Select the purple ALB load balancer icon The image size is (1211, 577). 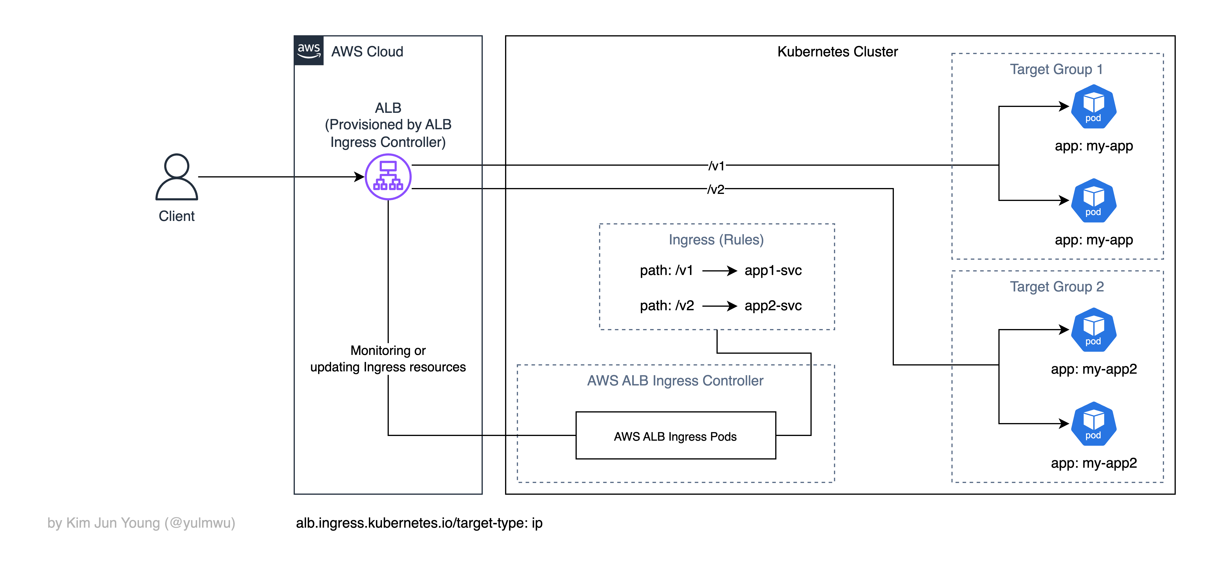tap(388, 177)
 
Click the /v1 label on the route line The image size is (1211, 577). tap(716, 165)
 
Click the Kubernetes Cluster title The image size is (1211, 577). tap(837, 52)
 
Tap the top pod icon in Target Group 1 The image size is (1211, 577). tap(1094, 107)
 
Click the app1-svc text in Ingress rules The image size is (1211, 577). tap(773, 270)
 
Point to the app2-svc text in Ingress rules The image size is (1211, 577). tap(773, 306)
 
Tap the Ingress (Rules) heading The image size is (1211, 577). tap(716, 240)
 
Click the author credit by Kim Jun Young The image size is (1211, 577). tap(141, 523)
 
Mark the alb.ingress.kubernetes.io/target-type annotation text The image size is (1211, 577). tap(419, 523)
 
